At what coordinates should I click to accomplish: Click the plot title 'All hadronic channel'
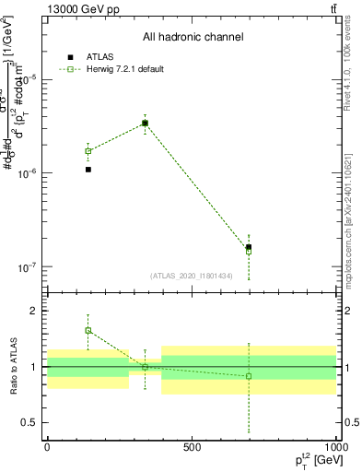coord(193,37)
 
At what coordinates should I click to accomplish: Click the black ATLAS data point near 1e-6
coord(88,170)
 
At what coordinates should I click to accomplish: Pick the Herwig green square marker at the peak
coord(145,123)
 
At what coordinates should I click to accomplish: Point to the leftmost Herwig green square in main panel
coord(88,150)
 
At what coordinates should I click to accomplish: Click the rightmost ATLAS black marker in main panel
coord(249,247)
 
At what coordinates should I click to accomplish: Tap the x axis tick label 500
coord(191,447)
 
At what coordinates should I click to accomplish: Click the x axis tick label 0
coord(46,447)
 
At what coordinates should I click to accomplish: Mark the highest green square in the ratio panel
coord(88,330)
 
